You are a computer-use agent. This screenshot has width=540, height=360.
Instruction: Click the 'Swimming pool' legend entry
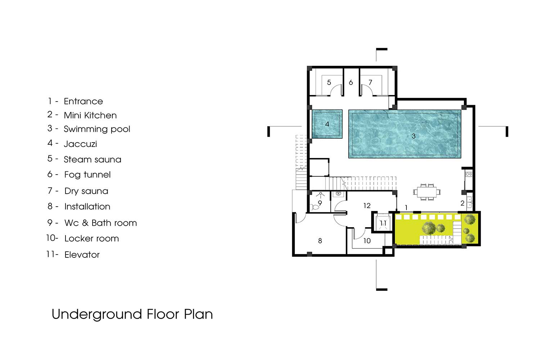tap(97, 129)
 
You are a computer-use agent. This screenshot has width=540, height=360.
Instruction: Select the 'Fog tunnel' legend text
tap(87, 175)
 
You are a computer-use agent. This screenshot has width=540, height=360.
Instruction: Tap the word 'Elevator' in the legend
tap(82, 255)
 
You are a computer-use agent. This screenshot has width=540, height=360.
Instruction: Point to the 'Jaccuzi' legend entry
tap(80, 144)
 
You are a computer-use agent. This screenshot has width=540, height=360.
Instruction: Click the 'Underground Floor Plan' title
tap(132, 314)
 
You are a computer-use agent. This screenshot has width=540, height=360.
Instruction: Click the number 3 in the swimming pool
tap(413, 136)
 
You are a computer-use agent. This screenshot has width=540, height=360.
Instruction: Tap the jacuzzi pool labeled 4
tap(327, 124)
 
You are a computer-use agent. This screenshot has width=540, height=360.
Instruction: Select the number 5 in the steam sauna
tap(329, 82)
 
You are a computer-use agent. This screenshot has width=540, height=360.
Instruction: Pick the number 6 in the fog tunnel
tap(351, 82)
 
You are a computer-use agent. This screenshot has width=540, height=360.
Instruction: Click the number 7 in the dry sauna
tap(370, 82)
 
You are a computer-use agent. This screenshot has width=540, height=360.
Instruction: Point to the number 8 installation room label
tap(320, 240)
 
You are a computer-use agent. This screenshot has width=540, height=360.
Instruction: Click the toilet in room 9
tap(314, 207)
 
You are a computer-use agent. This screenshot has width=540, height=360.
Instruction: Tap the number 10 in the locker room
tap(367, 240)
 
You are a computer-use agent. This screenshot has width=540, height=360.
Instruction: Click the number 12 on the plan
tap(367, 206)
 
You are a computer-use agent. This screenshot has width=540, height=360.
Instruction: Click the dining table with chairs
tap(427, 192)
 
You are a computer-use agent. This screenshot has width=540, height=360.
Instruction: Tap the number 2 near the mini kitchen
tap(462, 203)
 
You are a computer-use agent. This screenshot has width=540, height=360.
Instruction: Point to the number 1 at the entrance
tap(406, 208)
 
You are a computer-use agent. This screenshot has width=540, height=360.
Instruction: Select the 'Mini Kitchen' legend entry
tap(90, 116)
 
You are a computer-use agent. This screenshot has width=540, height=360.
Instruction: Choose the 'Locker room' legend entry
tap(91, 239)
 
